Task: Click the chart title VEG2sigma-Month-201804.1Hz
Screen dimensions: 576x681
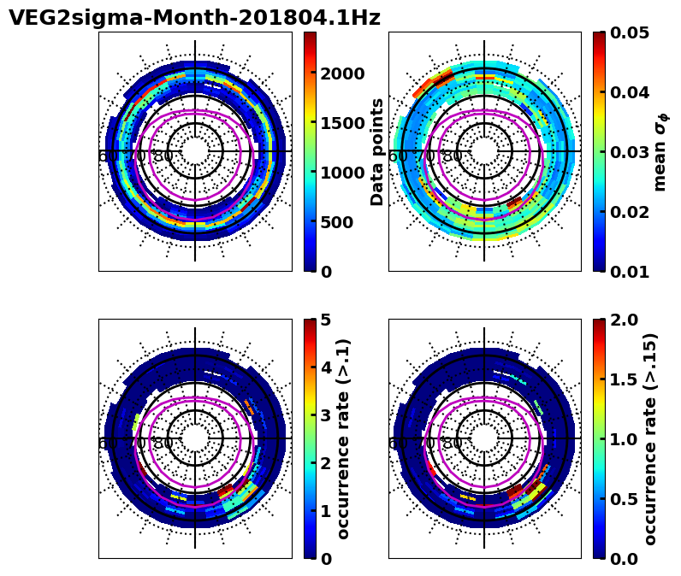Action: point(194,18)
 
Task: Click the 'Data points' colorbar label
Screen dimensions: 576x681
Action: point(377,151)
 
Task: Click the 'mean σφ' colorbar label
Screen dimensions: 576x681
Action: point(660,151)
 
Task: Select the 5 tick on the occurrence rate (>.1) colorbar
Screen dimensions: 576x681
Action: point(326,320)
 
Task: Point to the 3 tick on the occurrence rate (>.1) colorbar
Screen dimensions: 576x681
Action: point(326,415)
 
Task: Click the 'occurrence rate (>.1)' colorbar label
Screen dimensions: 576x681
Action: point(344,438)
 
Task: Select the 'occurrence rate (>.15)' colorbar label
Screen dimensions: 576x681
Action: point(650,438)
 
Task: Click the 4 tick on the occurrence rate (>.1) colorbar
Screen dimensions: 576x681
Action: point(326,367)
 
